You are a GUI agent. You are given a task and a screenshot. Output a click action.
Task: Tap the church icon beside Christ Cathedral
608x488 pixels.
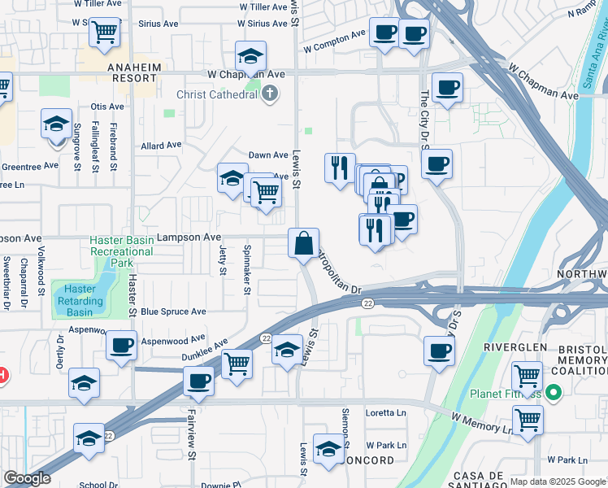(x=270, y=95)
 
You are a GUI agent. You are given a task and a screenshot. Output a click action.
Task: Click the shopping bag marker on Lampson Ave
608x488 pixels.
(x=303, y=243)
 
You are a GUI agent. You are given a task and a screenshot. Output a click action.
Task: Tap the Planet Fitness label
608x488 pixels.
(x=505, y=396)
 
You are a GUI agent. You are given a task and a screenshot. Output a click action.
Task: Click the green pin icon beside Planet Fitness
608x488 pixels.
(x=554, y=394)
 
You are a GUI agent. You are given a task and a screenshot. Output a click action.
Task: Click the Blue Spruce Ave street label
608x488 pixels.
(x=173, y=312)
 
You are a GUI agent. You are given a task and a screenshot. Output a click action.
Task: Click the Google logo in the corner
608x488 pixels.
(x=27, y=478)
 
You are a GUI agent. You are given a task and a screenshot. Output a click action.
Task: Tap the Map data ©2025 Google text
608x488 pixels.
(x=558, y=481)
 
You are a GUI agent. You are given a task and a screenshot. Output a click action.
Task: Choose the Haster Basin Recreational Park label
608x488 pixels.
(x=121, y=251)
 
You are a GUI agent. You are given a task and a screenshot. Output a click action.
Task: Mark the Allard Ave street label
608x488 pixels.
(x=161, y=146)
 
